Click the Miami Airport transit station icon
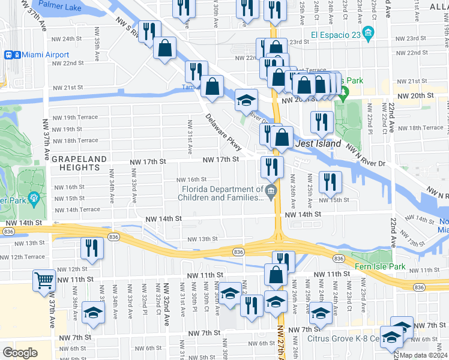(x=10, y=55)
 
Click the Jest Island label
(x=318, y=144)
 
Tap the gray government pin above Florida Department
(x=271, y=191)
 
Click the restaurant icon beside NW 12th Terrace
(x=91, y=248)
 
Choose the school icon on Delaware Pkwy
(x=245, y=100)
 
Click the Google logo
(x=20, y=353)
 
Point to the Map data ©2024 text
(x=423, y=355)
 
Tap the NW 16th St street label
(x=191, y=179)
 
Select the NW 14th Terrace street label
(x=77, y=210)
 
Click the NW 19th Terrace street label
(x=75, y=118)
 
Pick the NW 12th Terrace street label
(x=22, y=257)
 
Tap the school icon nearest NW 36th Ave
(x=93, y=314)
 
